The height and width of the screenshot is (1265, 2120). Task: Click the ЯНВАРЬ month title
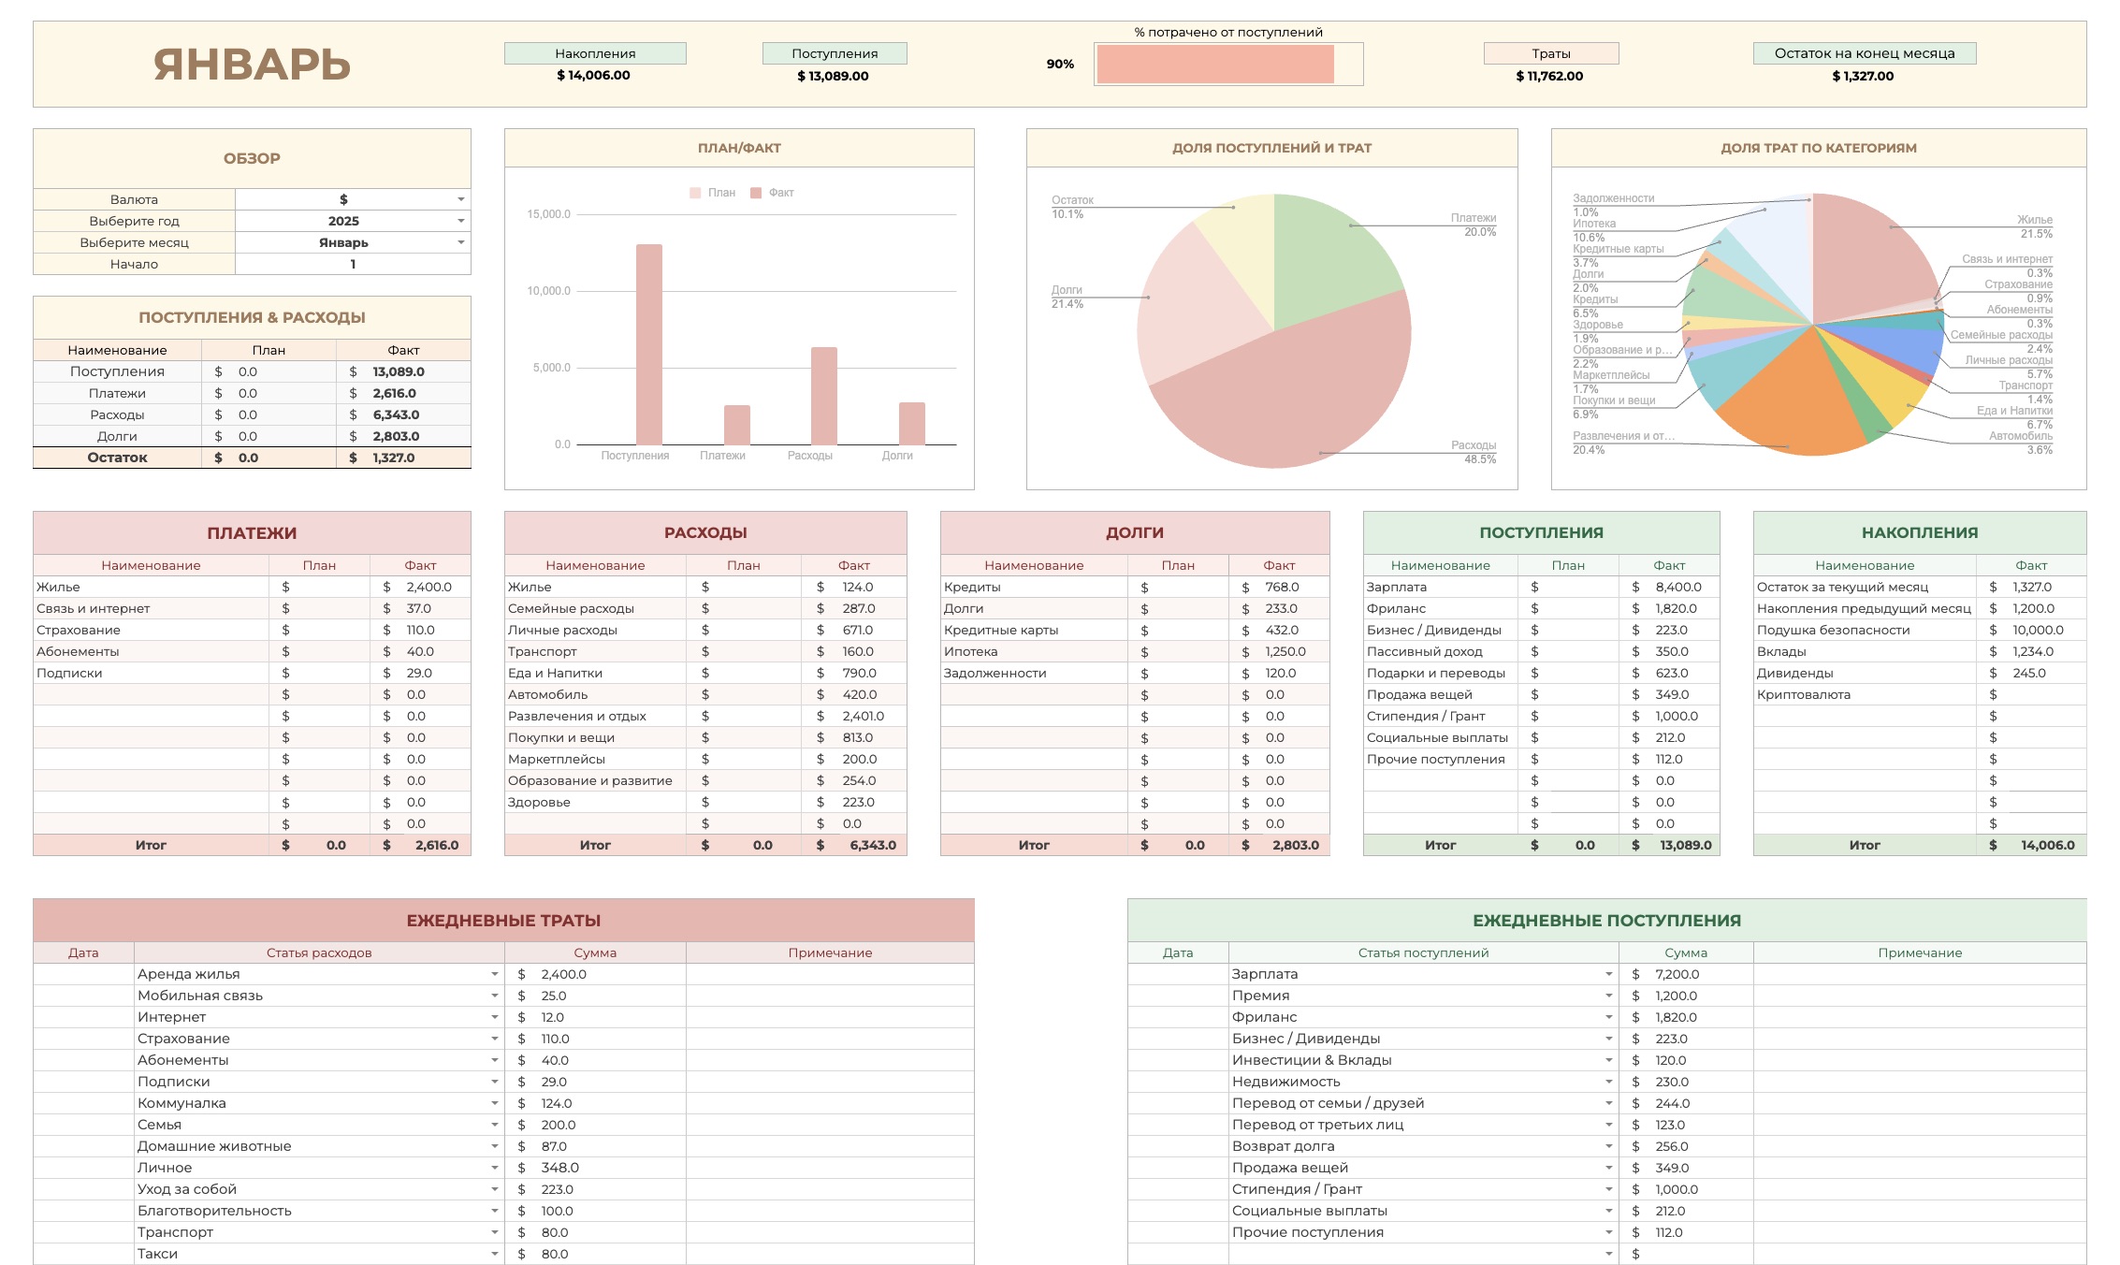click(x=252, y=65)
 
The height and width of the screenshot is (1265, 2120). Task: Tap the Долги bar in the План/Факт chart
click(x=911, y=423)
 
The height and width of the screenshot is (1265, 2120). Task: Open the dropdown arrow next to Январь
click(x=460, y=242)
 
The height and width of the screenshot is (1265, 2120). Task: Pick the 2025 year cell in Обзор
click(x=343, y=221)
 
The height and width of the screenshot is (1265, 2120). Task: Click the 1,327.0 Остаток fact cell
click(x=394, y=458)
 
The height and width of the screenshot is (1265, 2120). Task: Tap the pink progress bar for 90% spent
click(x=1214, y=65)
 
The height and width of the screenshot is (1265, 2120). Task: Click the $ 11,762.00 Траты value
click(x=1549, y=76)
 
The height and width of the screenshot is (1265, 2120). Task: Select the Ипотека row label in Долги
click(x=970, y=651)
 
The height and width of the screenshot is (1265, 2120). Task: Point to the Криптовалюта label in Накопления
click(x=1803, y=694)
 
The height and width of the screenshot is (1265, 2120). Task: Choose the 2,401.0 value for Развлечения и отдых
click(x=862, y=716)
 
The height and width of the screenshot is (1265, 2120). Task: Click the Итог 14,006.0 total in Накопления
click(x=2046, y=845)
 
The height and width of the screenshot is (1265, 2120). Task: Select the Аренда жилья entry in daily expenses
click(x=189, y=974)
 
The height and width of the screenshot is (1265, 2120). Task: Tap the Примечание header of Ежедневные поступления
click(x=1919, y=952)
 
